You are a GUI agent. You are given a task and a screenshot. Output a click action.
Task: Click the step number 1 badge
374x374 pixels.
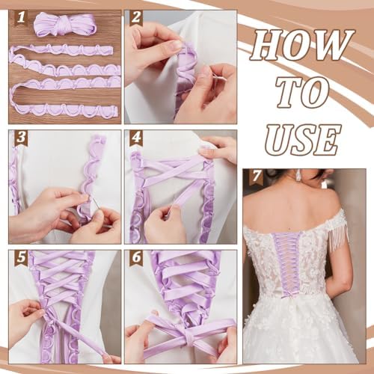pyautogui.click(x=21, y=17)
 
